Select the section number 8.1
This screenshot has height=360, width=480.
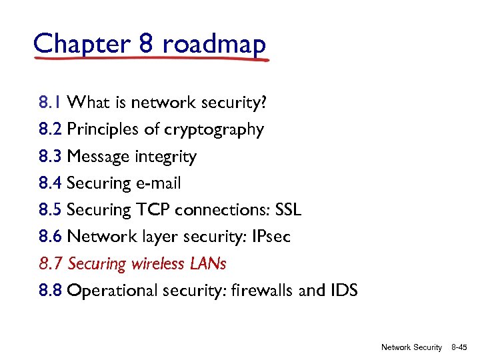pyautogui.click(x=50, y=103)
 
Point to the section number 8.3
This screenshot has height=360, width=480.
pyautogui.click(x=51, y=157)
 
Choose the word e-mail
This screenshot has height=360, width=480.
pyautogui.click(x=158, y=183)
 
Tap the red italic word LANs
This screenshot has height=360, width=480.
pyautogui.click(x=209, y=264)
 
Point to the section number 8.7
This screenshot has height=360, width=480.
pyautogui.click(x=51, y=264)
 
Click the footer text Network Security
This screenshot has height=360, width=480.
pyautogui.click(x=411, y=347)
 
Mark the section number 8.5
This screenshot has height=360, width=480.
pyautogui.click(x=51, y=210)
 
